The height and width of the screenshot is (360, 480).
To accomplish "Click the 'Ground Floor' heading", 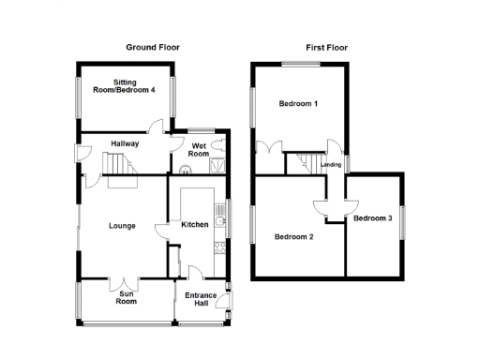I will [x=154, y=47].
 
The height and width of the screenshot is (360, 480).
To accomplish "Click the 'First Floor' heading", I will [x=325, y=47].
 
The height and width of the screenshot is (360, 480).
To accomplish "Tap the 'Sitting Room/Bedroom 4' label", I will [x=125, y=86].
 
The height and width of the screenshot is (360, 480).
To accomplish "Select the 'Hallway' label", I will [x=125, y=143].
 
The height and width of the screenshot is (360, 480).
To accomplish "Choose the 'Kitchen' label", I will [x=194, y=225].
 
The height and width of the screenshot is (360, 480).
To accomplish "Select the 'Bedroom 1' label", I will [x=298, y=104].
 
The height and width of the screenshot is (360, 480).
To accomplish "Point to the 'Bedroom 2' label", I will [x=293, y=236].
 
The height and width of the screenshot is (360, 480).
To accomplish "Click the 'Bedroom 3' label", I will [x=372, y=218].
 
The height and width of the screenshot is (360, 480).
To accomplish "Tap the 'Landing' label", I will [x=331, y=165].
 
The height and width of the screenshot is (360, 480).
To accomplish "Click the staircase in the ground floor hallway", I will [x=119, y=167].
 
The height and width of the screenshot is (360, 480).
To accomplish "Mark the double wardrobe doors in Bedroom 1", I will [x=274, y=148].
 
